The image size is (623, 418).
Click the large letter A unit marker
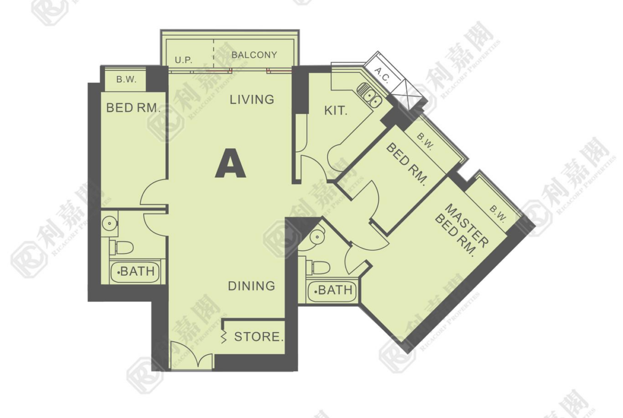coord(231,163)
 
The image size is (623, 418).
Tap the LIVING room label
coord(252,100)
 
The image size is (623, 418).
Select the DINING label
coord(251,286)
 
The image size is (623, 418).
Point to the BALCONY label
coord(255,55)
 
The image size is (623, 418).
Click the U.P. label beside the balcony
coord(184,60)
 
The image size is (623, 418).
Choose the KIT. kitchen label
coord(336,110)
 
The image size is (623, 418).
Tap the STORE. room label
coord(259,337)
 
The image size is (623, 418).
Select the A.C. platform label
coord(382,75)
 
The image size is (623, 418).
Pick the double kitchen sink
coord(369,95)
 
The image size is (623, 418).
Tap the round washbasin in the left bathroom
coord(109,223)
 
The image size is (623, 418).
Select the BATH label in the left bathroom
coord(137,272)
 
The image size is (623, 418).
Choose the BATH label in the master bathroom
coord(334,290)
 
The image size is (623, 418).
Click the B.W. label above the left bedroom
coord(126,79)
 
